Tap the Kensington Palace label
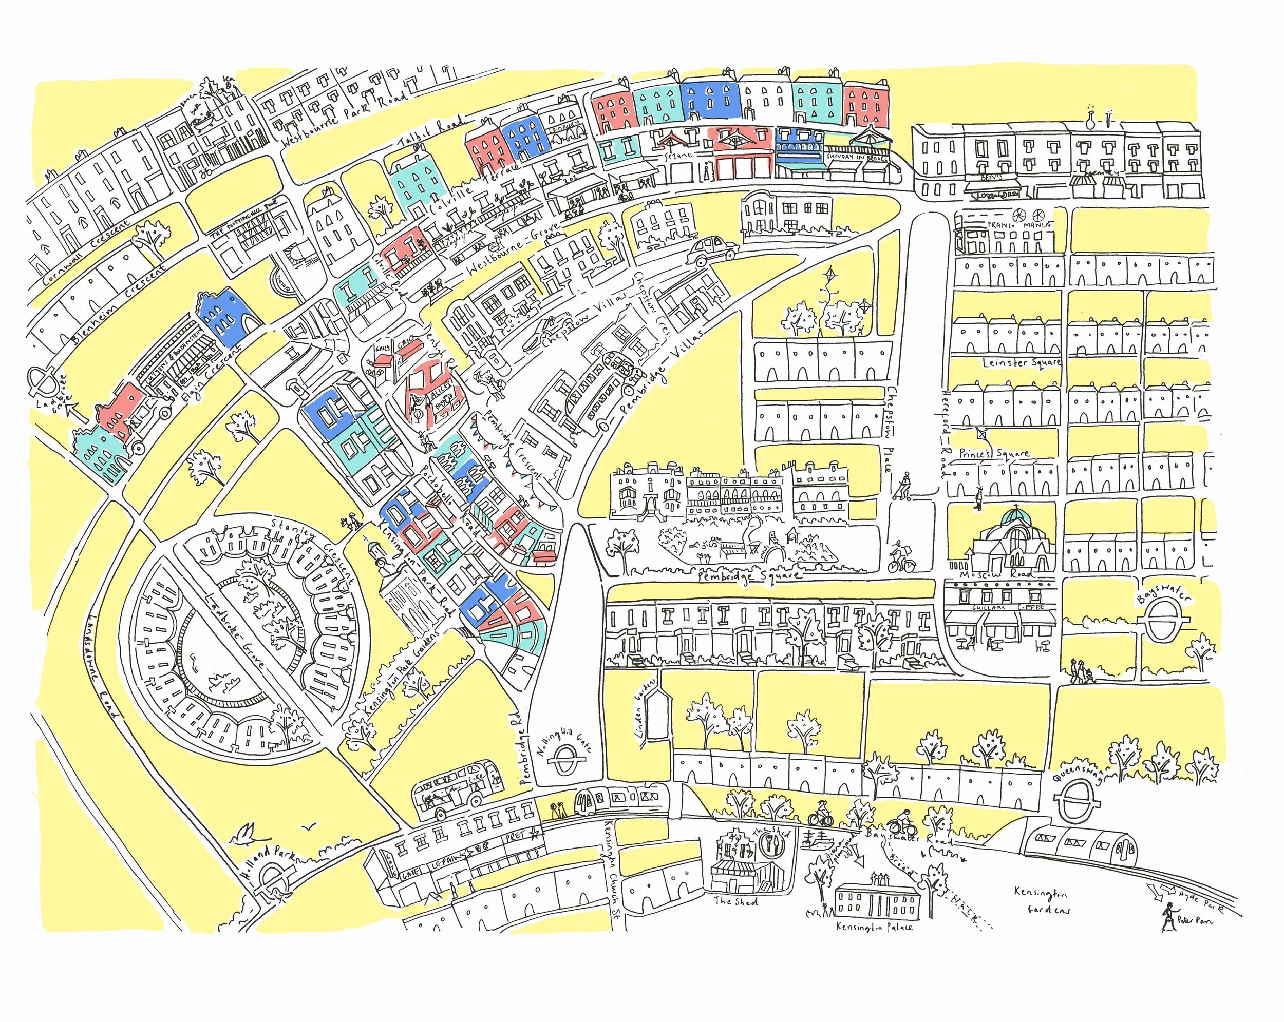[874, 944]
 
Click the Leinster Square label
[1021, 362]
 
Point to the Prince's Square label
[994, 454]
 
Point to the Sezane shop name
[678, 155]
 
